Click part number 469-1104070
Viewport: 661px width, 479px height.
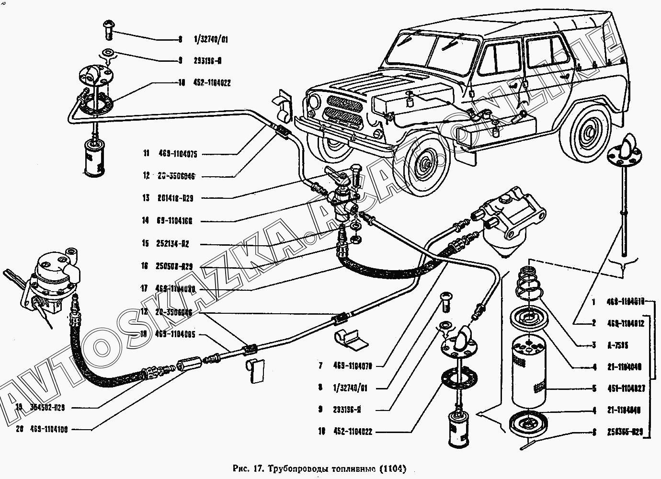click(x=352, y=366)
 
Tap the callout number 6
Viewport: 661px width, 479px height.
click(x=593, y=432)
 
